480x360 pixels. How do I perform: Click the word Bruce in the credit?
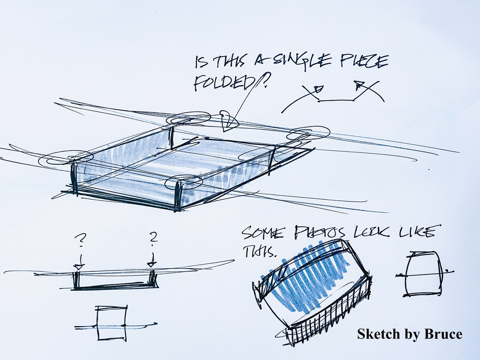point(443,333)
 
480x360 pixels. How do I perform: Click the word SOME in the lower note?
point(263,234)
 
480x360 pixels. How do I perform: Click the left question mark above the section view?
point(81,240)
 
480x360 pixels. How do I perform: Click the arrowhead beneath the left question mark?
point(79,267)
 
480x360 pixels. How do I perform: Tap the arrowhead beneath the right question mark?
point(152,264)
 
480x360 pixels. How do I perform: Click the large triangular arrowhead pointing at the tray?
point(229,121)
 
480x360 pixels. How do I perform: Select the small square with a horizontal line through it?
point(112,323)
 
